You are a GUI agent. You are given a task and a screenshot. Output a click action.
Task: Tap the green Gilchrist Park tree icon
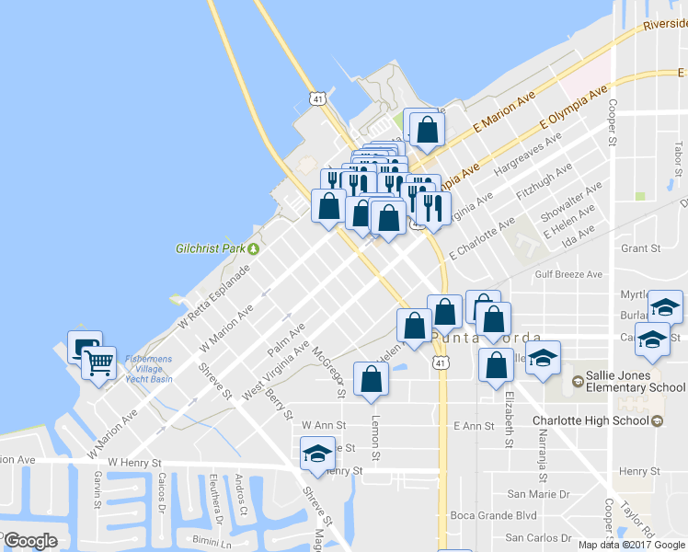(x=253, y=248)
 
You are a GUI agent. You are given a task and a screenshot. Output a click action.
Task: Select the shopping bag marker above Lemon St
(x=371, y=380)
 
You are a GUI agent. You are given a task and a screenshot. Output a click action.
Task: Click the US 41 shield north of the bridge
(x=317, y=97)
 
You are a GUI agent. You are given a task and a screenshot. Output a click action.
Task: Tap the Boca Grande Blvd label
(x=493, y=516)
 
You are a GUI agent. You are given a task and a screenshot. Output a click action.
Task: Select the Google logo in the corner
(x=30, y=541)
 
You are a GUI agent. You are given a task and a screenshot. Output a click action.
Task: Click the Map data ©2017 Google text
(x=631, y=545)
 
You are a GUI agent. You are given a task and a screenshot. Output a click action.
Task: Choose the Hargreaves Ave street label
(x=528, y=155)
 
